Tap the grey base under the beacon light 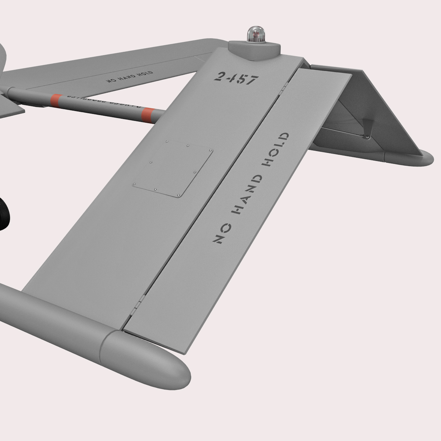tap(255, 50)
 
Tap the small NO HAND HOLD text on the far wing tap(129, 76)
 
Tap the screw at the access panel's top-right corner tap(211, 150)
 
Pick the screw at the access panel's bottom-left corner tap(135, 184)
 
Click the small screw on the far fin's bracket tap(367, 137)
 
